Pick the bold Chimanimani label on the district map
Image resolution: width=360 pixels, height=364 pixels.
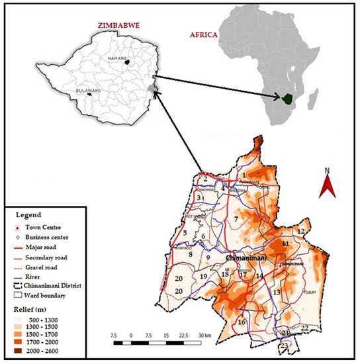pyautogui.click(x=245, y=256)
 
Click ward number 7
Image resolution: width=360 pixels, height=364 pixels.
pyautogui.click(x=236, y=219)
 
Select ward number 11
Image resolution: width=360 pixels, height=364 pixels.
pyautogui.click(x=285, y=244)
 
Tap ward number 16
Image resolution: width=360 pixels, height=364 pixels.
pyautogui.click(x=242, y=322)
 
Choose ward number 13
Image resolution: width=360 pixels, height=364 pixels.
pyautogui.click(x=277, y=292)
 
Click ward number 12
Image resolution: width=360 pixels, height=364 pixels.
pyautogui.click(x=301, y=231)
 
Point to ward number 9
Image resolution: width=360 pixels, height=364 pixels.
pyautogui.click(x=207, y=257)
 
